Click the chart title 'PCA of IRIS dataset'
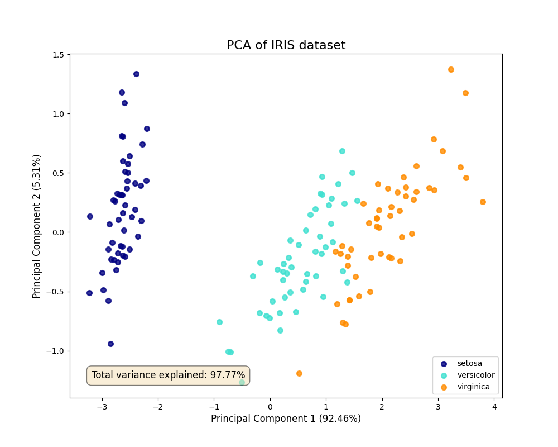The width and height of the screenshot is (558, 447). (x=286, y=45)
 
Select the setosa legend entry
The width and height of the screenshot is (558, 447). (x=469, y=364)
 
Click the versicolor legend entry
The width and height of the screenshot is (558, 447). (x=475, y=375)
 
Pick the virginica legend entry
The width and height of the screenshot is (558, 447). (x=473, y=387)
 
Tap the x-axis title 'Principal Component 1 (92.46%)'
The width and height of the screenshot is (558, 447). (x=286, y=419)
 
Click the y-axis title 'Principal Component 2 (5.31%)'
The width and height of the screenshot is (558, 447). (x=37, y=226)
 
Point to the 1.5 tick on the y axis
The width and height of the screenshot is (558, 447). (x=59, y=55)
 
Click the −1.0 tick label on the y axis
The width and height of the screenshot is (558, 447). (x=56, y=351)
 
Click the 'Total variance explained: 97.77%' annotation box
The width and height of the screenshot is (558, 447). (x=168, y=375)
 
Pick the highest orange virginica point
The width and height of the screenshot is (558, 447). (x=451, y=69)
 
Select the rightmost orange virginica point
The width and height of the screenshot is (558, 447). (x=483, y=202)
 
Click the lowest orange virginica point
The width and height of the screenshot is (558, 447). (x=299, y=373)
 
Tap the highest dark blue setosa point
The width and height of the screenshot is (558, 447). (x=136, y=74)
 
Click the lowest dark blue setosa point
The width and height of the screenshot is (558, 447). (x=110, y=344)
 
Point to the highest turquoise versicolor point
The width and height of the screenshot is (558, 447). (x=342, y=151)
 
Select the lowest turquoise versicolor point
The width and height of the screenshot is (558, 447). (x=242, y=382)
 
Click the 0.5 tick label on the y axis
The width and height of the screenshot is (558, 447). (x=59, y=173)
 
